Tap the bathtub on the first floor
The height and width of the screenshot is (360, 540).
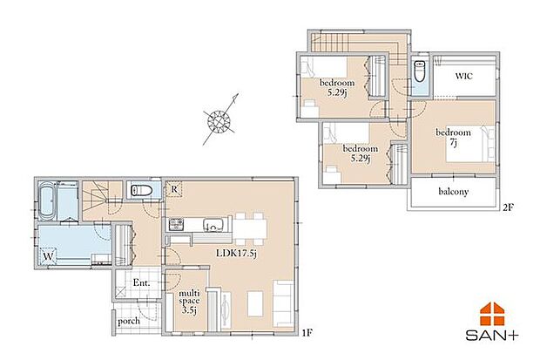pyautogui.click(x=47, y=204)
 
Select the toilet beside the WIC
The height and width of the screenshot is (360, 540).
pyautogui.click(x=422, y=78)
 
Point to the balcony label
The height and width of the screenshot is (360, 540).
pyautogui.click(x=454, y=191)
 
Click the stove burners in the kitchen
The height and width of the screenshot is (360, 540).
pyautogui.click(x=181, y=225)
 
